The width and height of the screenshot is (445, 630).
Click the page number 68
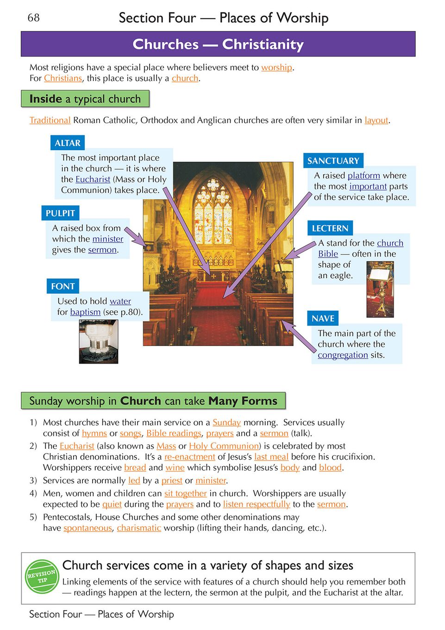coord(34,18)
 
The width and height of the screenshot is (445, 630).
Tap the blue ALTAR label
coord(68,143)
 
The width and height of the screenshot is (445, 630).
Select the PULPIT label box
coord(60,213)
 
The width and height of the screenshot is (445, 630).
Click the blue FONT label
coord(63,286)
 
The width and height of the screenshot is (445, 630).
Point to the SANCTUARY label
coord(333,161)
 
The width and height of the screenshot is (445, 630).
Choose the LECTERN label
coord(330,228)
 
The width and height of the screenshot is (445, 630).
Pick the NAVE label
coord(323,318)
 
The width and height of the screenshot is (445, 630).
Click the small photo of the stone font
coord(99,341)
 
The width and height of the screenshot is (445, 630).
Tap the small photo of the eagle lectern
coord(380,289)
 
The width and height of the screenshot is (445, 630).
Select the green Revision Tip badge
coord(42,576)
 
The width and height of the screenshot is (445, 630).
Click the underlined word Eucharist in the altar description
coord(93,179)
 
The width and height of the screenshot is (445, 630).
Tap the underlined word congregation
coord(343,355)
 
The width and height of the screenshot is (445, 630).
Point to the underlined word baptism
coord(85,312)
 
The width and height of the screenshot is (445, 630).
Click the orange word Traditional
coord(50,120)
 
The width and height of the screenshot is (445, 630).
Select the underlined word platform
coord(364,176)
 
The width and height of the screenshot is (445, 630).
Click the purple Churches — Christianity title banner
coord(218,44)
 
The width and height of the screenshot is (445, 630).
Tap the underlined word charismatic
coord(139,528)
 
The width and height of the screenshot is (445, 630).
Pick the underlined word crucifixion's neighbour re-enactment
coord(189,457)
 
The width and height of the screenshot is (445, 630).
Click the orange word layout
coord(376,120)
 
